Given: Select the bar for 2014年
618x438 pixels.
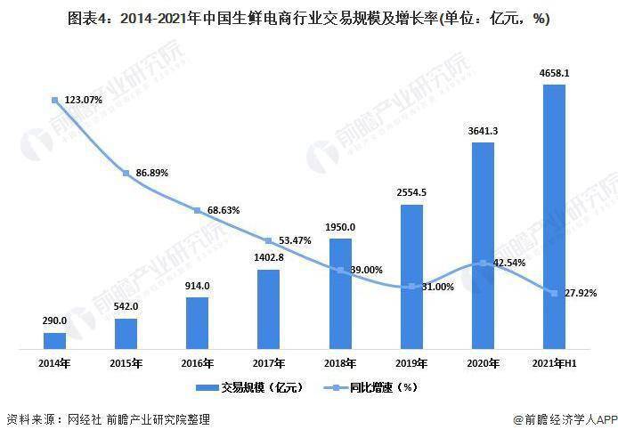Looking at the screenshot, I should tap(54, 339).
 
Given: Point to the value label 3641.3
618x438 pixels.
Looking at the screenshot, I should tap(483, 131).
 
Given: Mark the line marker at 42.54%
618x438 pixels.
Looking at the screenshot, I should tap(483, 263).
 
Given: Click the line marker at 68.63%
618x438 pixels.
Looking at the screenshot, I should tap(197, 210).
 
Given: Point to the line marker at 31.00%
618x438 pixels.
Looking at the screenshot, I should tap(411, 287).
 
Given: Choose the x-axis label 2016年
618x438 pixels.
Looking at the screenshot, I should tap(197, 363).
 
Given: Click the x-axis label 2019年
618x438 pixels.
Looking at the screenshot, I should tap(411, 363).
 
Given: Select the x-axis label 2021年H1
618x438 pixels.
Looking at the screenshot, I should tap(554, 363).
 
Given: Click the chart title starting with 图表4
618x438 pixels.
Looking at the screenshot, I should tap(308, 18).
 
